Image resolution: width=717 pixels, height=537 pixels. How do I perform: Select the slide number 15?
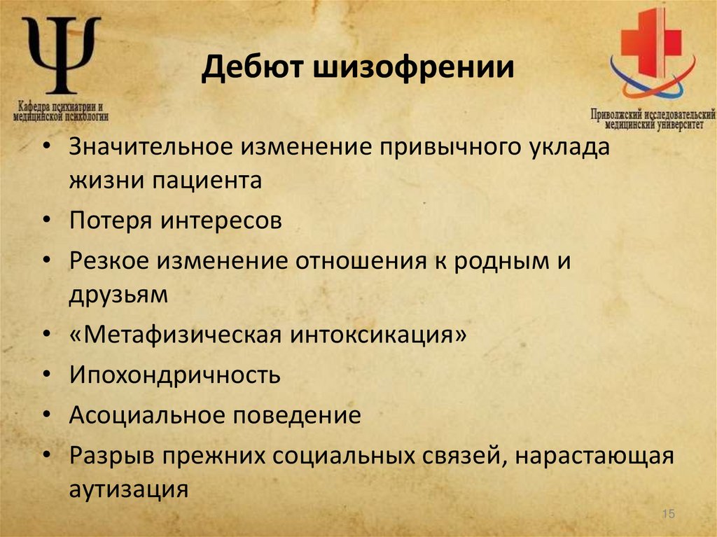click(667, 515)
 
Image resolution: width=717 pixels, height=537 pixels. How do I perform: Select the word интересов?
click(222, 221)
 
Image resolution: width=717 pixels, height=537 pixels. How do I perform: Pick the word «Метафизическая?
click(175, 334)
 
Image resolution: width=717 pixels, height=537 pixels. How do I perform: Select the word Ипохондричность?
click(174, 375)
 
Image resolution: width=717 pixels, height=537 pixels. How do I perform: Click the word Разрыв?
click(112, 456)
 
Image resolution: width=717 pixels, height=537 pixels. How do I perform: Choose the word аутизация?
click(129, 488)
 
